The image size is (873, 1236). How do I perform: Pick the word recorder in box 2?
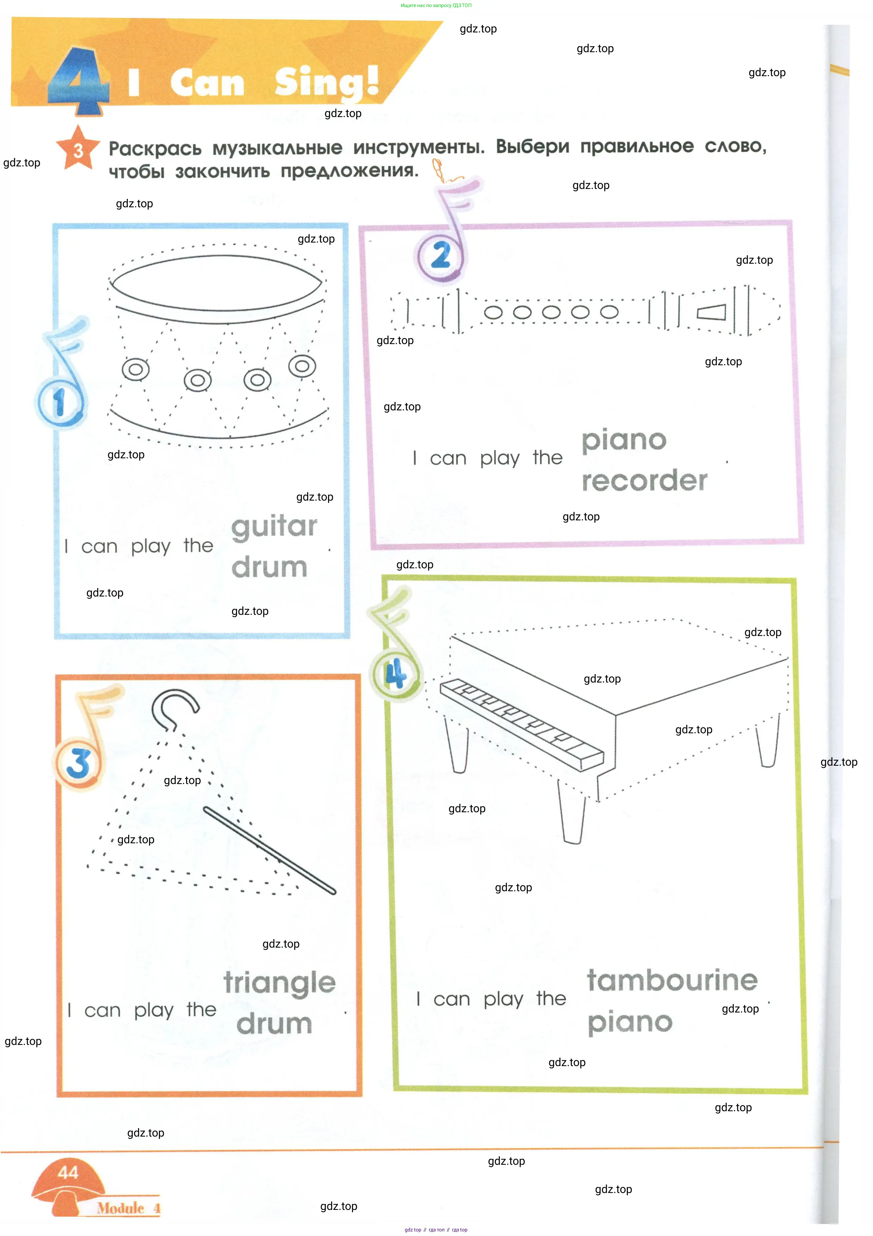tap(644, 480)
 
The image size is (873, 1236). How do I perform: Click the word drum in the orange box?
tap(274, 1023)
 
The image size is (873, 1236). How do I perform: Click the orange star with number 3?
tap(78, 148)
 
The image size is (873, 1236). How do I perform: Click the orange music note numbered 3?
tap(86, 738)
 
